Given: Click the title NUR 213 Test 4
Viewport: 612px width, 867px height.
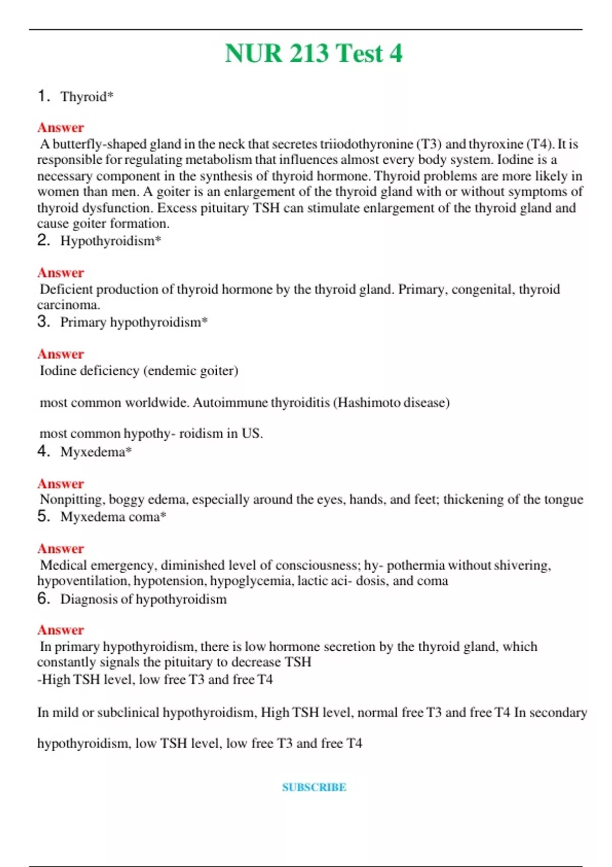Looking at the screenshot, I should pyautogui.click(x=313, y=54).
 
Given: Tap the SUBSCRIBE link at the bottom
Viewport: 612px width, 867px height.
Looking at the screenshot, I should pyautogui.click(x=314, y=787).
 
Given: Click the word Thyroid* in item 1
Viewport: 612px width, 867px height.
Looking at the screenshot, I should pyautogui.click(x=87, y=96).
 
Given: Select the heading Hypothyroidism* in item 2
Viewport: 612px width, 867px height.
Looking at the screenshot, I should pyautogui.click(x=111, y=241).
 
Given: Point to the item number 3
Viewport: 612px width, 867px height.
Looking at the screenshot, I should pyautogui.click(x=43, y=322).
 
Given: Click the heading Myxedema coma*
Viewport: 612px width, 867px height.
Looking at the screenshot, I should pyautogui.click(x=113, y=517).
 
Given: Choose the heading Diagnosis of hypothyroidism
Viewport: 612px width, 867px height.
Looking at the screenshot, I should pyautogui.click(x=143, y=599).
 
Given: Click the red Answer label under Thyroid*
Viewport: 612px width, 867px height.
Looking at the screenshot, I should pyautogui.click(x=60, y=127).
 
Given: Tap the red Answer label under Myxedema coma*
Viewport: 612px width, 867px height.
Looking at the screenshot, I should pyautogui.click(x=60, y=549).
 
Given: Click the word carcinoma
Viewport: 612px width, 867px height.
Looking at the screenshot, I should pyautogui.click(x=68, y=305).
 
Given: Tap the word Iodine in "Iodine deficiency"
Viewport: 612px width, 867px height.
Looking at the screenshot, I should pyautogui.click(x=55, y=371).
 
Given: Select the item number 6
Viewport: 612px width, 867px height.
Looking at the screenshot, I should pyautogui.click(x=43, y=599).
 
